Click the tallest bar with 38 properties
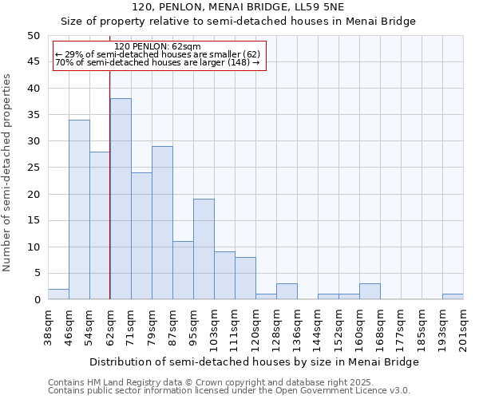point(121,199)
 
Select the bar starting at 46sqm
point(79,210)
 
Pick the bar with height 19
point(204,249)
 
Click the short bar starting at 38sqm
point(58,294)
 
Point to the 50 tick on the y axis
point(33,36)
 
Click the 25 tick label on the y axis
point(33,168)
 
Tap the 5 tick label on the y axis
point(36,274)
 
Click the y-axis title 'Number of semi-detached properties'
point(8,172)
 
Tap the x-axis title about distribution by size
point(254,361)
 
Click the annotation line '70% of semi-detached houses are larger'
point(157,62)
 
